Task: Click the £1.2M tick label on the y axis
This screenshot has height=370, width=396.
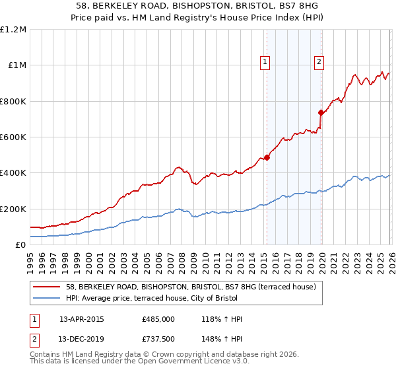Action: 13,30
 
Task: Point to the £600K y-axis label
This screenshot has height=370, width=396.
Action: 13,137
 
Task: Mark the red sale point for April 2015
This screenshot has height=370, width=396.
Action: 267,157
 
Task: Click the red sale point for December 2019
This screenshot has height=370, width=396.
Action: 321,112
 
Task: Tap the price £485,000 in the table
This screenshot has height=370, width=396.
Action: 158,319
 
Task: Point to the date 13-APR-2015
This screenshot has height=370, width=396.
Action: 82,319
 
